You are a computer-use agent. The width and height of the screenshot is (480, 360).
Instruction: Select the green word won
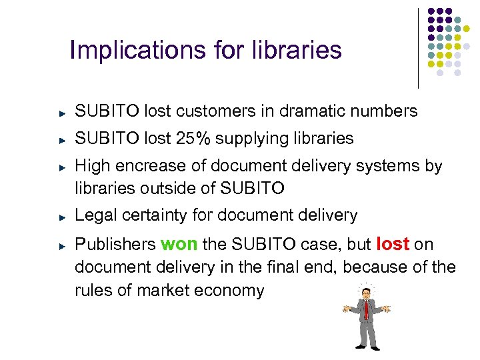tap(179, 245)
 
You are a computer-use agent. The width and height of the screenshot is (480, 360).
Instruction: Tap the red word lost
tap(393, 245)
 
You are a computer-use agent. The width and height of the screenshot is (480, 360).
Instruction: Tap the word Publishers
tap(113, 245)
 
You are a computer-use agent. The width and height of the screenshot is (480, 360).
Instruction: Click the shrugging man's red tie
tap(366, 309)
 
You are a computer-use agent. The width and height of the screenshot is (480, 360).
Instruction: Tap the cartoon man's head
tap(365, 292)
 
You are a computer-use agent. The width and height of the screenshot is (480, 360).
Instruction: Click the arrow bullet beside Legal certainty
tap(61, 217)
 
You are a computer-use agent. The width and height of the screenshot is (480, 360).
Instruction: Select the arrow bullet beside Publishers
tap(61, 246)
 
